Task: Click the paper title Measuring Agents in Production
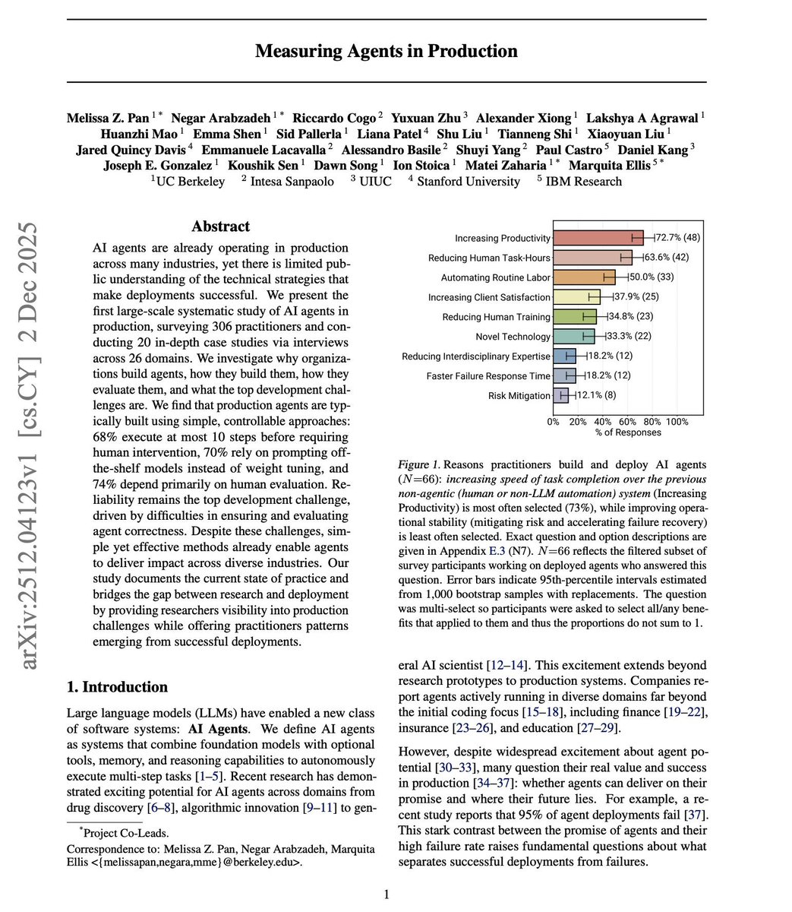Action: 386,52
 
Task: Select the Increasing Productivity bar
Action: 598,238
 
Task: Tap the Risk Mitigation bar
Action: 560,395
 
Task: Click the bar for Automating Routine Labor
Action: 584,277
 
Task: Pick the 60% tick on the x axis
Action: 627,422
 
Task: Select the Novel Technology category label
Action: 513,337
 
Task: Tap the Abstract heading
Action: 220,226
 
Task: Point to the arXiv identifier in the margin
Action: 30,446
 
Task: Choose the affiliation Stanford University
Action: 469,182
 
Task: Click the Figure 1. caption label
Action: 418,464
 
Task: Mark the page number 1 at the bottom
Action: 386,895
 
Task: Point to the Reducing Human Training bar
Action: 575,317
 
